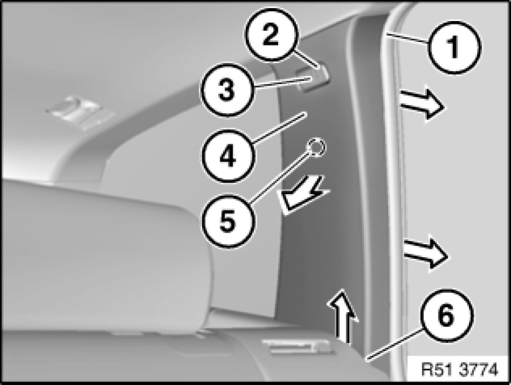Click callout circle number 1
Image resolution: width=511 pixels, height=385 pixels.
click(x=454, y=47)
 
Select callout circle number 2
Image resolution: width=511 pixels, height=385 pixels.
click(x=271, y=34)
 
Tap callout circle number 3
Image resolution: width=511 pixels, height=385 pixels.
click(x=227, y=89)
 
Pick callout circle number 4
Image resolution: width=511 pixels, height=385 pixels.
click(x=227, y=156)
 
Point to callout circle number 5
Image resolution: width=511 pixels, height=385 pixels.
click(x=227, y=221)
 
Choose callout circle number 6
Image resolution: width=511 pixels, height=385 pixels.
click(x=446, y=315)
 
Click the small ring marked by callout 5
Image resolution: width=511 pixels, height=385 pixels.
click(x=316, y=147)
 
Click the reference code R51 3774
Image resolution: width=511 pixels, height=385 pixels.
click(x=460, y=369)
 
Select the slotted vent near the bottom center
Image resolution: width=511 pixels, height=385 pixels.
click(x=297, y=346)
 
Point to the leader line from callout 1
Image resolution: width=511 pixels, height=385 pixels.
click(x=406, y=37)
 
